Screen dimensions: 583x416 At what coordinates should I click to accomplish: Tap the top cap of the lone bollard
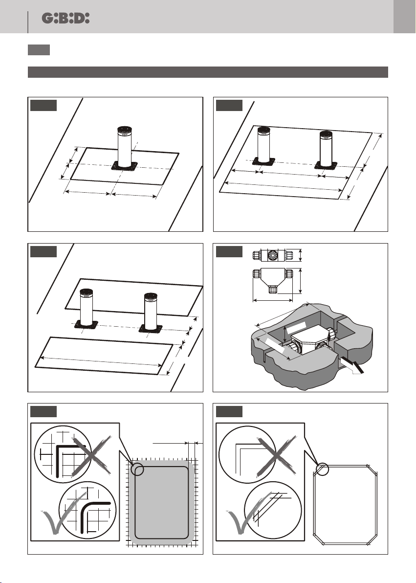point(125,130)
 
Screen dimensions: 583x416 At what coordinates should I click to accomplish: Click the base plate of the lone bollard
point(124,166)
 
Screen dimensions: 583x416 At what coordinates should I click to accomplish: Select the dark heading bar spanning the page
point(208,72)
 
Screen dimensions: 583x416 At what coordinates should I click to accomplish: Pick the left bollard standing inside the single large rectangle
point(264,147)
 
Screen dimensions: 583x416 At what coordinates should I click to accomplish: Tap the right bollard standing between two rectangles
point(150,313)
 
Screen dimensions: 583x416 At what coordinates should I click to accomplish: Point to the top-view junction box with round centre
point(271,255)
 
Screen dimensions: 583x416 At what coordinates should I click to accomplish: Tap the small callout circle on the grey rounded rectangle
point(138,470)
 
